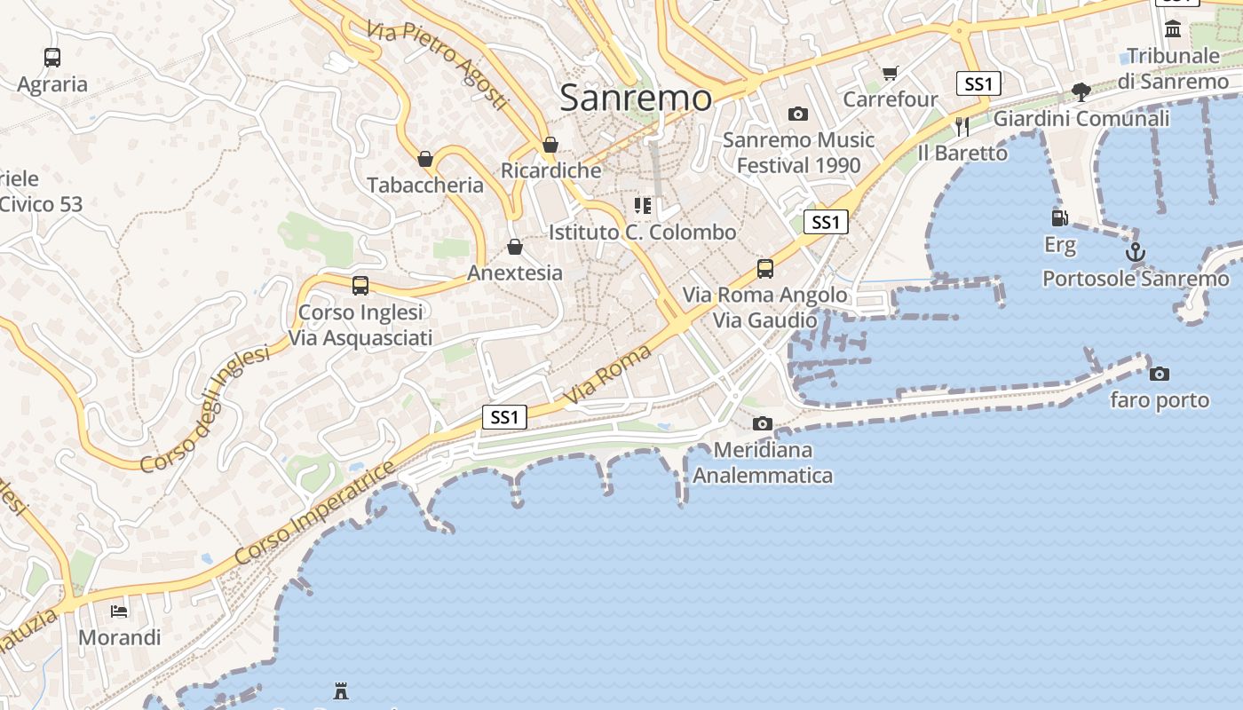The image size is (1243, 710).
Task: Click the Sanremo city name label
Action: (x=636, y=98)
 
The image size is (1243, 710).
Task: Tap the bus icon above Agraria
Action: (x=52, y=58)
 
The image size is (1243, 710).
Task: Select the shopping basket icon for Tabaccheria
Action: (x=425, y=159)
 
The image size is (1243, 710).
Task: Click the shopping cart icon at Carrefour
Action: (x=890, y=73)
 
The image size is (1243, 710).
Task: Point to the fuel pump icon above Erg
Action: (x=1059, y=217)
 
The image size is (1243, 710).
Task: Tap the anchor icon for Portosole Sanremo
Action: (x=1136, y=253)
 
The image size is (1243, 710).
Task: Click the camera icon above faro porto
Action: (x=1159, y=374)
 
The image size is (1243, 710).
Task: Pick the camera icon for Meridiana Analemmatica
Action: (x=762, y=424)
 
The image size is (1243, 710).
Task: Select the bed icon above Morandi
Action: (x=119, y=611)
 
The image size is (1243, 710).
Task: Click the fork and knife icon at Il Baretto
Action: (x=962, y=126)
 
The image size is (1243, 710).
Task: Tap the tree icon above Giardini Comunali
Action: (x=1081, y=91)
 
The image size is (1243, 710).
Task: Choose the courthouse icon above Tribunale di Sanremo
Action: (x=1173, y=29)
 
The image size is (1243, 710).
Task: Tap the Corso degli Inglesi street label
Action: (x=204, y=409)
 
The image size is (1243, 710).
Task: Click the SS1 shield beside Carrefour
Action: (x=978, y=84)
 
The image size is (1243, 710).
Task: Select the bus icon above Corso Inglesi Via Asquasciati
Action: (x=360, y=286)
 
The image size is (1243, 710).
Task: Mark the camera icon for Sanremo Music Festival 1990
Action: (x=797, y=114)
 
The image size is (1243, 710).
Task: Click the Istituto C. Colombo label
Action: (x=642, y=233)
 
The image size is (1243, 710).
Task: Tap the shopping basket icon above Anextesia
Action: (x=514, y=247)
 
